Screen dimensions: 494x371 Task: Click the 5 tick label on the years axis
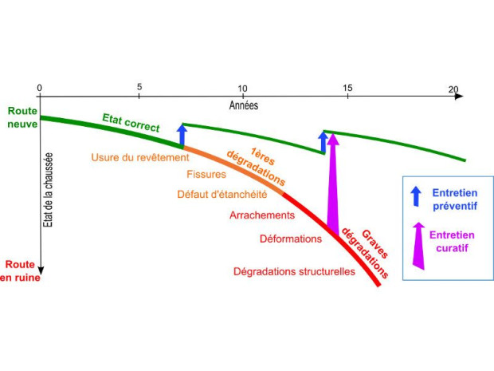[x=139, y=86]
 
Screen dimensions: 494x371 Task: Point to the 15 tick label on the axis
[x=347, y=88]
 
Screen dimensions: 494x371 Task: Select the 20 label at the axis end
[x=453, y=89]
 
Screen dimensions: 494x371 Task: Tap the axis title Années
[x=244, y=105]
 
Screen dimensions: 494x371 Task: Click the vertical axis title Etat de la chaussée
[x=48, y=190]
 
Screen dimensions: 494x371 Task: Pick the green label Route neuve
[x=22, y=117]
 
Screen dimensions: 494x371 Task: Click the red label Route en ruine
[x=20, y=270]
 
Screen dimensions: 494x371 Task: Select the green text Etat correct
[x=131, y=123]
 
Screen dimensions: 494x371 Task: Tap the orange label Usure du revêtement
[x=140, y=157]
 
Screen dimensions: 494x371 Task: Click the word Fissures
[x=206, y=174]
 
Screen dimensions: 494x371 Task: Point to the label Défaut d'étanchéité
[x=222, y=194]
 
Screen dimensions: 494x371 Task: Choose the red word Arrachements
[x=262, y=215]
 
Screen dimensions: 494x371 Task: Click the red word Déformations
[x=291, y=239]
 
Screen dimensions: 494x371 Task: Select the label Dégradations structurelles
[x=294, y=271]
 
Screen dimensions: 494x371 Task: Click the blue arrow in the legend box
[x=416, y=196]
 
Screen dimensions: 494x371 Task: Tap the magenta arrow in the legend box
[x=418, y=246]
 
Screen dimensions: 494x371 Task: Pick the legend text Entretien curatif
[x=452, y=241]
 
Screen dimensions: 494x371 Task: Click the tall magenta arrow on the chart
[x=333, y=184]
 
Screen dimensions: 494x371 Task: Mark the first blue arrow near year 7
[x=182, y=135]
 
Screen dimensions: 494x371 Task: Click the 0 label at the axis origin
[x=39, y=88]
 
